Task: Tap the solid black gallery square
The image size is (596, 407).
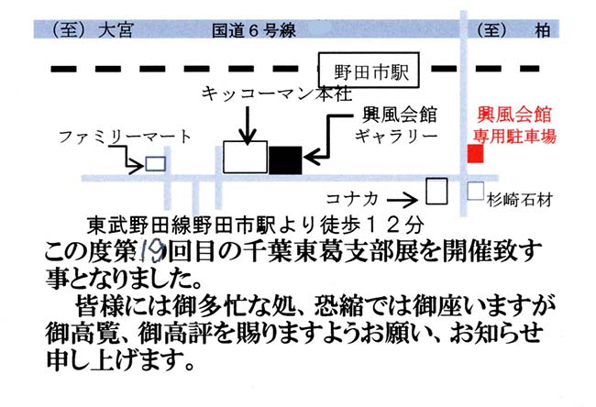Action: pyautogui.click(x=285, y=160)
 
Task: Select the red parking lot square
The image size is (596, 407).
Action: pyautogui.click(x=475, y=153)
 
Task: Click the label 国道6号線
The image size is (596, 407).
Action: pyautogui.click(x=253, y=30)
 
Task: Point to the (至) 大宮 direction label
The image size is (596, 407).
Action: pyautogui.click(x=92, y=30)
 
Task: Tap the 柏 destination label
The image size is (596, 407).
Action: pyautogui.click(x=543, y=30)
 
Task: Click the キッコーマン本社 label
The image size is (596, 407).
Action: pyautogui.click(x=277, y=93)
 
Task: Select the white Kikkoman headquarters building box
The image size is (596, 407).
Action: pyautogui.click(x=245, y=158)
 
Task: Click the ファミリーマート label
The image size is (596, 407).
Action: pyautogui.click(x=125, y=137)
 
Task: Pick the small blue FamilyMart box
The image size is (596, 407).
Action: pyautogui.click(x=156, y=164)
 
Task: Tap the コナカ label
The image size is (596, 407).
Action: pyautogui.click(x=352, y=198)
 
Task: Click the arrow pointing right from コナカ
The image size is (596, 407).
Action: pyautogui.click(x=403, y=200)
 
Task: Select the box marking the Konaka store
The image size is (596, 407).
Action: pyautogui.click(x=436, y=192)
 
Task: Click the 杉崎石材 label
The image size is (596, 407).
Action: pyautogui.click(x=520, y=200)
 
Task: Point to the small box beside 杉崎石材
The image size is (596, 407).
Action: pyautogui.click(x=476, y=191)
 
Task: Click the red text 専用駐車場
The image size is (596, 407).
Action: pyautogui.click(x=514, y=136)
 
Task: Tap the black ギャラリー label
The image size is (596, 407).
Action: pyautogui.click(x=396, y=136)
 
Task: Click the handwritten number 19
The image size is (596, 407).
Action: pyautogui.click(x=152, y=252)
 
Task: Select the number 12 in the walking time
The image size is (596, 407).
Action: pyautogui.click(x=382, y=225)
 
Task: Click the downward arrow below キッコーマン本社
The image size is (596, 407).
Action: pyautogui.click(x=248, y=126)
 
